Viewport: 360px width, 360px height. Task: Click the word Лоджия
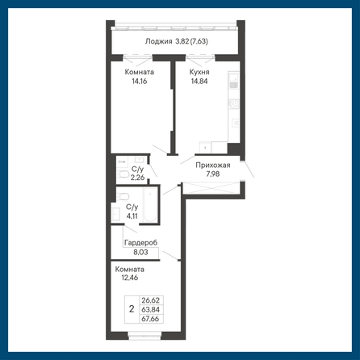[x=158, y=41]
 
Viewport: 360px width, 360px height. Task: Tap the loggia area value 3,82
[x=182, y=41]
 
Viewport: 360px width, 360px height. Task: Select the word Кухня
[x=199, y=72]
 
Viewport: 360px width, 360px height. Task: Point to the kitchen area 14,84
[x=199, y=81]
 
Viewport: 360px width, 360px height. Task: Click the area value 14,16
[x=140, y=81]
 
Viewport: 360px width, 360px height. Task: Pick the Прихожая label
[x=213, y=165]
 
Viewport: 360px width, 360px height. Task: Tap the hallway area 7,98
[x=213, y=174]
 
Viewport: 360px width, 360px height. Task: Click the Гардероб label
[x=140, y=243]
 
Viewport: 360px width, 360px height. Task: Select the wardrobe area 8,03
[x=140, y=252]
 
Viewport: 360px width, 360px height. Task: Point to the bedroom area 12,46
[x=130, y=278]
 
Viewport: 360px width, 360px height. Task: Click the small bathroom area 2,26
[x=137, y=178]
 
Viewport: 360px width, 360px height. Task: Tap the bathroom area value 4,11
[x=132, y=216]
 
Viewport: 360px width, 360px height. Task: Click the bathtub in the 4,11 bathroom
[x=150, y=205]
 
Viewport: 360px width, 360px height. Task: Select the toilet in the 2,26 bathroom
[x=123, y=174]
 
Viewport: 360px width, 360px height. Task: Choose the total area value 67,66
[x=150, y=319]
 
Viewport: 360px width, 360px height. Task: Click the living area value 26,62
[x=150, y=300]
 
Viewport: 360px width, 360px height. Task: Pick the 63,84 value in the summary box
[x=150, y=309]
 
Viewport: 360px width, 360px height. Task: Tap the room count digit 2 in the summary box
[x=132, y=309]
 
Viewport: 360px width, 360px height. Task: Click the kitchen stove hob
[x=233, y=104]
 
